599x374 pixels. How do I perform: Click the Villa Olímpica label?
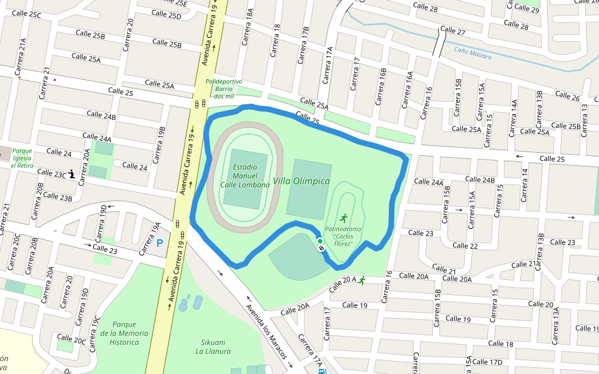tap(301, 181)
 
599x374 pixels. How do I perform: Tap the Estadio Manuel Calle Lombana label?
tap(245, 176)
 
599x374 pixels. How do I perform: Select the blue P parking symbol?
tap(159, 243)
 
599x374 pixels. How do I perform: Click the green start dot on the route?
tap(319, 241)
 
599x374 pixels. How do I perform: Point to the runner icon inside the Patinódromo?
tap(343, 218)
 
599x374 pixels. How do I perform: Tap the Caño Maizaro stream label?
tap(472, 54)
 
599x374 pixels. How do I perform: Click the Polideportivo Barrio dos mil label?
tap(223, 89)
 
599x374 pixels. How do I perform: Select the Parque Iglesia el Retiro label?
tap(22, 158)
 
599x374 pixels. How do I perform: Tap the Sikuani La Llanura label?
tap(213, 347)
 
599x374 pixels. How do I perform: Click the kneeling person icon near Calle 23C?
tap(72, 175)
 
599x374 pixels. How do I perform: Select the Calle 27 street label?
tap(453, 31)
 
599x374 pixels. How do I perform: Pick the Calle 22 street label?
tap(465, 246)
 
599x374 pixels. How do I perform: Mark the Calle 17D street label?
tap(487, 362)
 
